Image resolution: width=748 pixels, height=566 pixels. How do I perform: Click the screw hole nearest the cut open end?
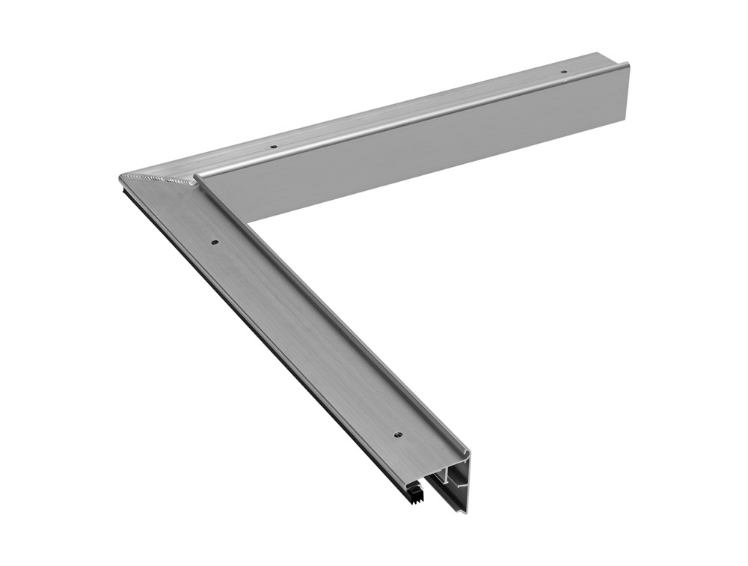[398, 434]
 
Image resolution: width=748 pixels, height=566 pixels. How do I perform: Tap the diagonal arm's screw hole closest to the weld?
[214, 243]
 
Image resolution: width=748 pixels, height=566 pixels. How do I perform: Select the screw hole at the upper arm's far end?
[564, 72]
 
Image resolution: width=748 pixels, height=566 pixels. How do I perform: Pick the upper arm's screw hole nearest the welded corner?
[274, 146]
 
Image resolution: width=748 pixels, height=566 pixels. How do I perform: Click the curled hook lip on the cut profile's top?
[467, 452]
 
